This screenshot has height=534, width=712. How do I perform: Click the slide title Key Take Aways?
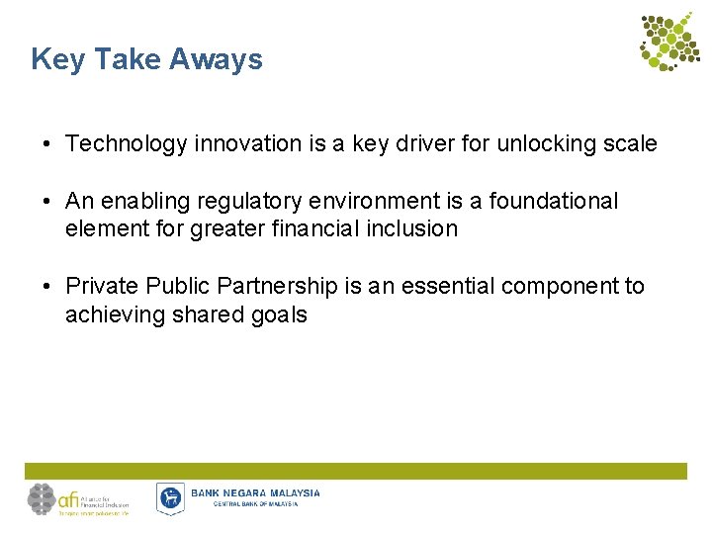pyautogui.click(x=146, y=60)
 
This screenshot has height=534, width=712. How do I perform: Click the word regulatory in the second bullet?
pyautogui.click(x=250, y=202)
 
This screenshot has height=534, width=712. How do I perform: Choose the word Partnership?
pyautogui.click(x=280, y=287)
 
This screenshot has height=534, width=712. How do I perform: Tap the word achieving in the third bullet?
pyautogui.click(x=112, y=315)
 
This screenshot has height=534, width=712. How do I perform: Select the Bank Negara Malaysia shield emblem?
pyautogui.click(x=170, y=498)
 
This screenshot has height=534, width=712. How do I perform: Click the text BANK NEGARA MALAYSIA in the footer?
pyautogui.click(x=255, y=492)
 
